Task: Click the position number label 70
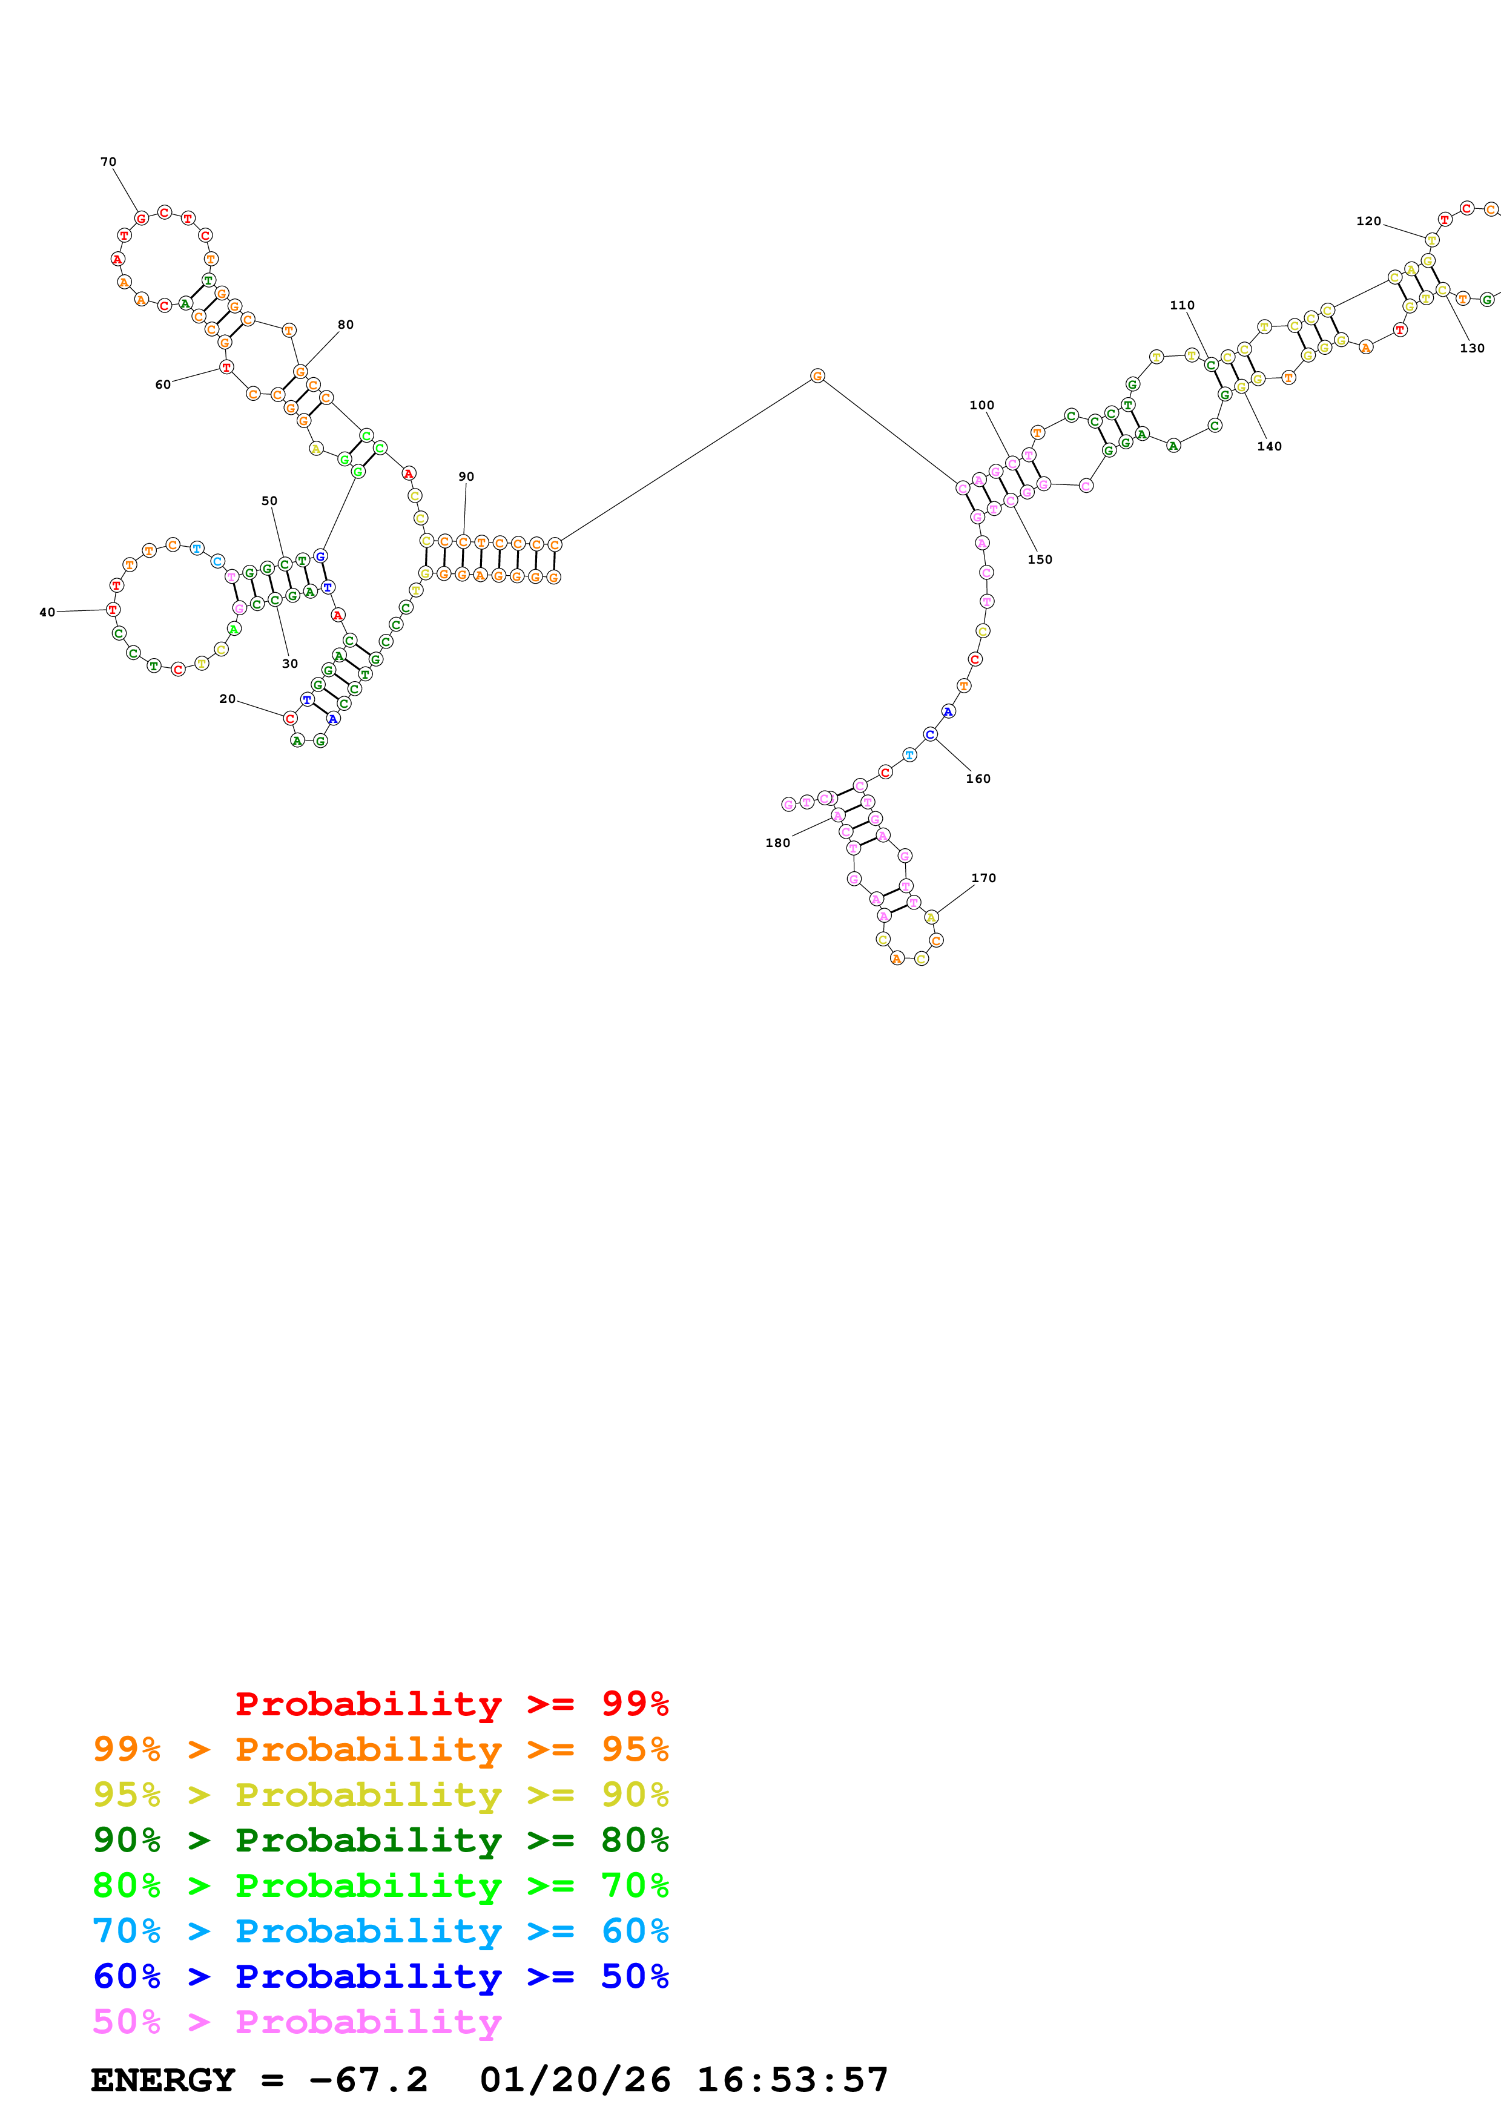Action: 108,162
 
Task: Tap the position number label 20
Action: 228,699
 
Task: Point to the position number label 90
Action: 466,477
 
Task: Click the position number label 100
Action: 981,405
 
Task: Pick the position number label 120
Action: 1368,221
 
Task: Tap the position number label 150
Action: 1040,559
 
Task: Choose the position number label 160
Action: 977,779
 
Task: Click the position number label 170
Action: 983,878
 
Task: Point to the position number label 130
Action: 1471,349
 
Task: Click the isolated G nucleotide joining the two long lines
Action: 817,375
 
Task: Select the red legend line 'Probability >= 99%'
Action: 451,1704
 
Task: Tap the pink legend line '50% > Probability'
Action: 298,2022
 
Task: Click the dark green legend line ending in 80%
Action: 381,1840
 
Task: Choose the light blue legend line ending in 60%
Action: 381,1931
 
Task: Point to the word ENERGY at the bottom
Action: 163,2080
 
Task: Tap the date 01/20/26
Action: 575,2080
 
